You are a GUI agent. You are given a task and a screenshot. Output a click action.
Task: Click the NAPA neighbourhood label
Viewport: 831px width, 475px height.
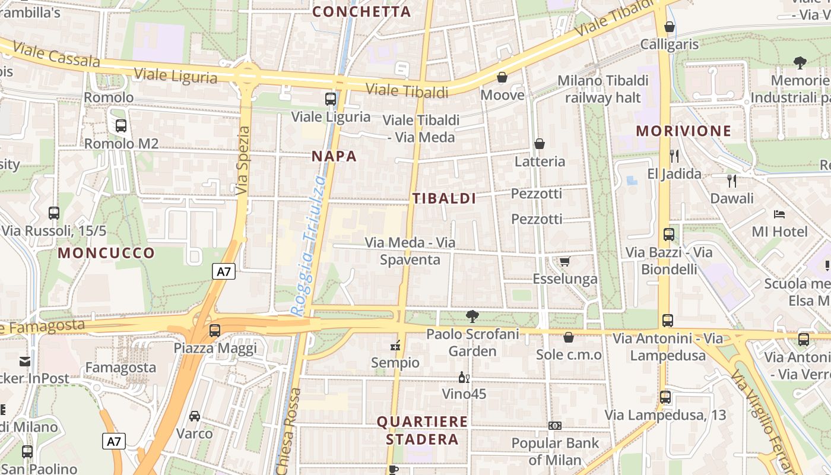(x=334, y=156)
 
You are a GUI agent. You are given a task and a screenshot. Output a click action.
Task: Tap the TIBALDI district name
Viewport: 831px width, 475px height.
(x=444, y=198)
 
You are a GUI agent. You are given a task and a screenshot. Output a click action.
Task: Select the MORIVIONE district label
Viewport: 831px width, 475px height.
(x=675, y=131)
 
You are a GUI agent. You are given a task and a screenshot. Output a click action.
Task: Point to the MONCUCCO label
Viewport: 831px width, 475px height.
(x=106, y=253)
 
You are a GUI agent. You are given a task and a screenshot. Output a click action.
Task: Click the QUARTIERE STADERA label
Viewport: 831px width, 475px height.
(x=422, y=430)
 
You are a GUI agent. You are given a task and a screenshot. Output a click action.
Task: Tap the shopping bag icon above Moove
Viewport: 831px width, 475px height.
(x=502, y=77)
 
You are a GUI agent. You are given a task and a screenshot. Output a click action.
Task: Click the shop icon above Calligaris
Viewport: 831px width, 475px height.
(x=670, y=27)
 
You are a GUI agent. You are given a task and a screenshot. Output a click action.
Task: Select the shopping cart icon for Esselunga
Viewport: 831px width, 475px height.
(x=564, y=261)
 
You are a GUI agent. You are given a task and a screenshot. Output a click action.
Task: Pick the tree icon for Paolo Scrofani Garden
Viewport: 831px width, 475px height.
(x=472, y=316)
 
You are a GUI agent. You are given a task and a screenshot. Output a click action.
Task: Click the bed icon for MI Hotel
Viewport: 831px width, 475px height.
(x=779, y=214)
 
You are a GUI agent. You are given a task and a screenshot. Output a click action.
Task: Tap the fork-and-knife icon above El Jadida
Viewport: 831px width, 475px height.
(x=674, y=156)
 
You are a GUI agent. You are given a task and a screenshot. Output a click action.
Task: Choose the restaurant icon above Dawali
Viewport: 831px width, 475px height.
(x=732, y=180)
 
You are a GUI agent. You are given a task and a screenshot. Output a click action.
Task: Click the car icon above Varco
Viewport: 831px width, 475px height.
(x=194, y=416)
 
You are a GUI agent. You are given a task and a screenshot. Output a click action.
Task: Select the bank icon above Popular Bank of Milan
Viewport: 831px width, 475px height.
(x=555, y=425)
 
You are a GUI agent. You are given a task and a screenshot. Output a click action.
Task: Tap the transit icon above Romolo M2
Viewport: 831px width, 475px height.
(x=121, y=126)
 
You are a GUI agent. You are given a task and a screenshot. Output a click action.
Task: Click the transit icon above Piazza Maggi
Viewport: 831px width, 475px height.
(x=215, y=330)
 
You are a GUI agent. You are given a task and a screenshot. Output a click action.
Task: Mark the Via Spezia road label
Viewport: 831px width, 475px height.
(x=243, y=160)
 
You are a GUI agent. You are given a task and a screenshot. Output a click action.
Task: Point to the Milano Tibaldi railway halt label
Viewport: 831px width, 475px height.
(x=603, y=88)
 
